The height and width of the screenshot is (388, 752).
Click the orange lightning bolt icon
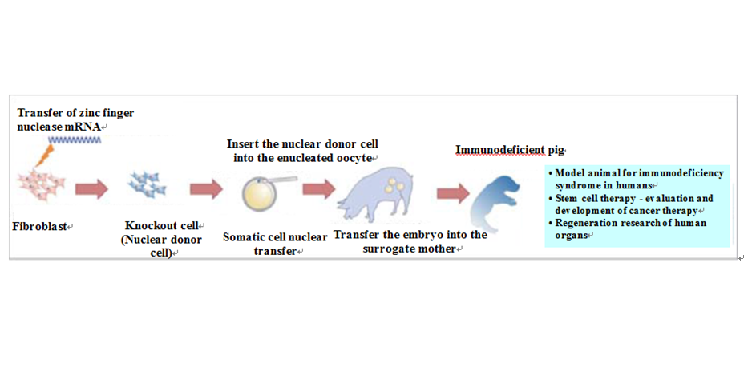coord(44,156)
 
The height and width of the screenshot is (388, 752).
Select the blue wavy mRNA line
coord(75,139)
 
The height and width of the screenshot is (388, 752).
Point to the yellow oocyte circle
coord(260,194)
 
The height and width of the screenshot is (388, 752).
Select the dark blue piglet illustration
coord(494,201)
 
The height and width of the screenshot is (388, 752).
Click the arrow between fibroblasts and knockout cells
coord(91,189)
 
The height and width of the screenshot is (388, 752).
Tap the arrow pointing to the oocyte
coord(206,189)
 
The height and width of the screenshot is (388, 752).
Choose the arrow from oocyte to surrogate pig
coord(319,189)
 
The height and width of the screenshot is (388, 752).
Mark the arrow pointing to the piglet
coord(453,193)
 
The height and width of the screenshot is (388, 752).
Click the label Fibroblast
coord(40,226)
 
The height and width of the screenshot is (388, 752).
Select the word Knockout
coord(148,225)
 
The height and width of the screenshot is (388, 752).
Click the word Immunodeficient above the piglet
coord(500,150)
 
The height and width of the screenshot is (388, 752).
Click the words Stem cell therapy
coord(595,199)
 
